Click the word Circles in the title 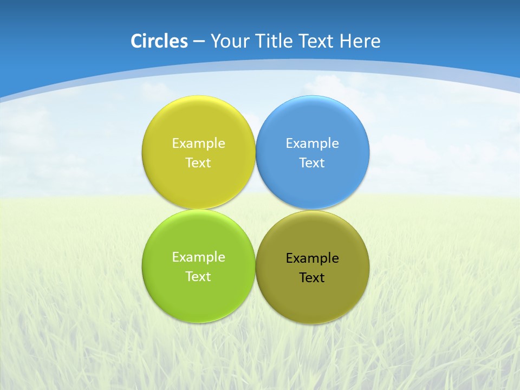pos(159,41)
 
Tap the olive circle pos(312,298)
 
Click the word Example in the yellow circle pos(198,144)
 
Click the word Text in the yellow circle pos(198,163)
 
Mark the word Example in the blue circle pos(312,144)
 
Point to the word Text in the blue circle pos(312,163)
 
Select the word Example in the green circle pos(198,257)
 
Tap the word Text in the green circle pos(198,277)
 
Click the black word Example pos(312,258)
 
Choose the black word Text pos(312,278)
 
